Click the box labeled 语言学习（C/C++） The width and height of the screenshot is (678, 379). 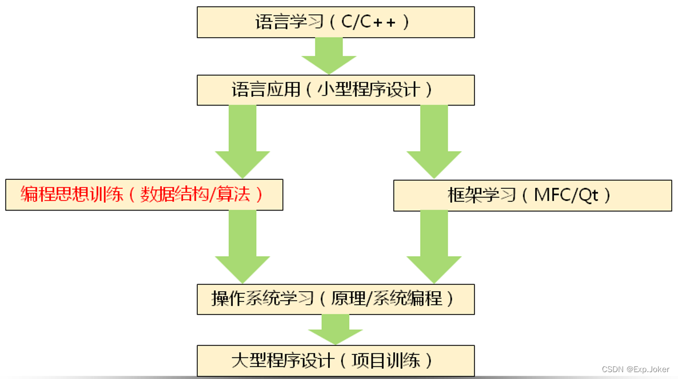(336, 22)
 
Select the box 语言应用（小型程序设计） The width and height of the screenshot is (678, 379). (336, 90)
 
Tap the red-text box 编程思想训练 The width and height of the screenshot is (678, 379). (144, 195)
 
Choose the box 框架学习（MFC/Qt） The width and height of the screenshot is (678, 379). (532, 195)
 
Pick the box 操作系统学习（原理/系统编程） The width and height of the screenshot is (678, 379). (336, 299)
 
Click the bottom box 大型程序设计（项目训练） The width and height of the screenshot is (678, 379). (336, 360)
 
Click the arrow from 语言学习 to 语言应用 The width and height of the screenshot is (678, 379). (329, 56)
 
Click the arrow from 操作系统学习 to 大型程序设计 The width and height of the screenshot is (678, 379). (336, 329)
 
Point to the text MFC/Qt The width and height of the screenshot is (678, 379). (566, 195)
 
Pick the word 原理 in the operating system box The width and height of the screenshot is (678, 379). (347, 299)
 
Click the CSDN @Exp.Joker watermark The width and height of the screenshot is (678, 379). (635, 369)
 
